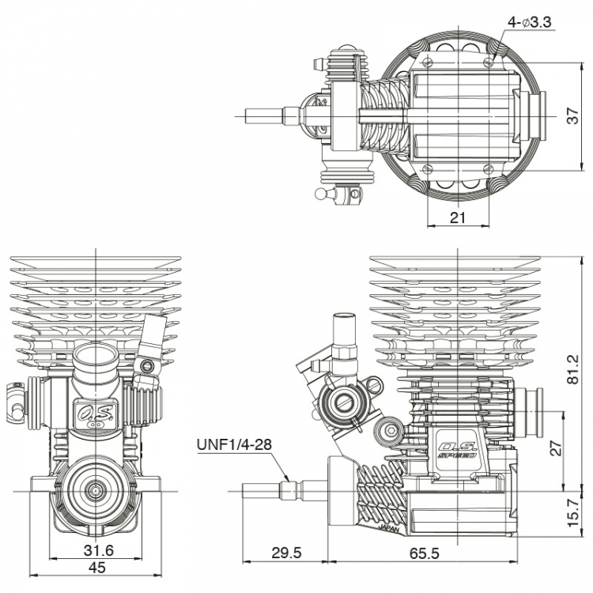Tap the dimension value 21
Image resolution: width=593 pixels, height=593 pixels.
[x=458, y=217]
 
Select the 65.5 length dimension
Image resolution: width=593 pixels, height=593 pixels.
[x=425, y=553]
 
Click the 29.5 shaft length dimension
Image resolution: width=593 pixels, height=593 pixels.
[x=285, y=553]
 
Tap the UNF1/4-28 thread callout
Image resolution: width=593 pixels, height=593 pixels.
[x=233, y=444]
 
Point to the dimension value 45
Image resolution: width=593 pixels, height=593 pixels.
[x=96, y=567]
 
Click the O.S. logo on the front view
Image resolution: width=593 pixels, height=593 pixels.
[x=95, y=412]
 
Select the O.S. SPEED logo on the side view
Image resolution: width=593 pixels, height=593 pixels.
[x=457, y=449]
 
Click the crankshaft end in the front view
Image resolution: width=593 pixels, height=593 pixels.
[x=95, y=490]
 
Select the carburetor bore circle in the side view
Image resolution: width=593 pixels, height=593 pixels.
[x=345, y=403]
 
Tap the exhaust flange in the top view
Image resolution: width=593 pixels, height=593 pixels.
[x=529, y=113]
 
